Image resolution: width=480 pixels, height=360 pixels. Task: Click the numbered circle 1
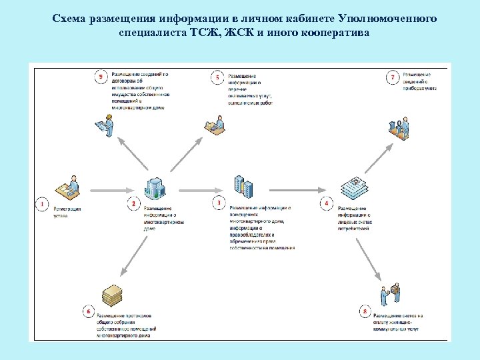pos(42,203)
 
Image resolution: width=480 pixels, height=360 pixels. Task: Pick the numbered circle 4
pos(327,203)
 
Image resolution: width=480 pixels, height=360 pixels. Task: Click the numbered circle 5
pos(217,78)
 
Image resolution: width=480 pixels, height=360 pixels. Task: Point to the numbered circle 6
pos(88,310)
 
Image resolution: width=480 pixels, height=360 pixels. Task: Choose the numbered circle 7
pos(393,78)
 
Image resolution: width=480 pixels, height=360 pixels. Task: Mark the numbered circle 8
pos(364,311)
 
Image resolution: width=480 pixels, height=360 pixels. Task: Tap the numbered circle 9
pos(101,78)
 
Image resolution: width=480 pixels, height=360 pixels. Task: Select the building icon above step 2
pos(154,189)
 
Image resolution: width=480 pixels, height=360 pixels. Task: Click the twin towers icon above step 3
pos(243,187)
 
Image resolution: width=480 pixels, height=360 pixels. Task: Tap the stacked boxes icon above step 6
pos(113,295)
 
